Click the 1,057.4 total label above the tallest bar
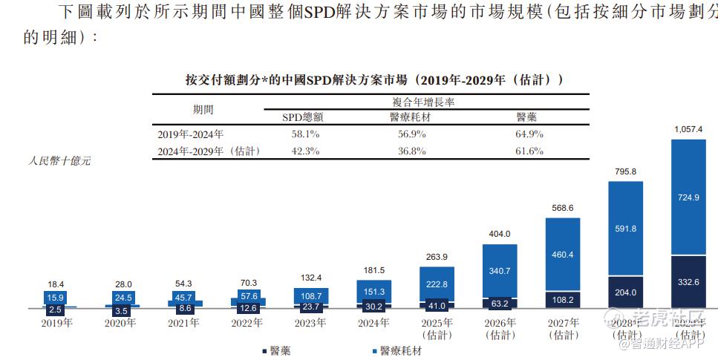[688, 129]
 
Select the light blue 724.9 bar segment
[688, 197]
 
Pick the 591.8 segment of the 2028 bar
[625, 229]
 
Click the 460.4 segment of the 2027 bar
[563, 255]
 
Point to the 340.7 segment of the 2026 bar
[499, 272]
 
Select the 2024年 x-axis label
[373, 323]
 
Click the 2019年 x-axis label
[57, 323]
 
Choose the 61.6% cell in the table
[529, 151]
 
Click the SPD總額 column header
[302, 117]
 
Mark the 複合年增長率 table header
[423, 102]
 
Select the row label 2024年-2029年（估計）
[209, 151]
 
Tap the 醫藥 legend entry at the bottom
[277, 350]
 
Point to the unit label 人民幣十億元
[59, 160]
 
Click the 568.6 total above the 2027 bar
[561, 209]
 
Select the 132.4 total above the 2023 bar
[309, 278]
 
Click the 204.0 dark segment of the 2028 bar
[625, 292]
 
